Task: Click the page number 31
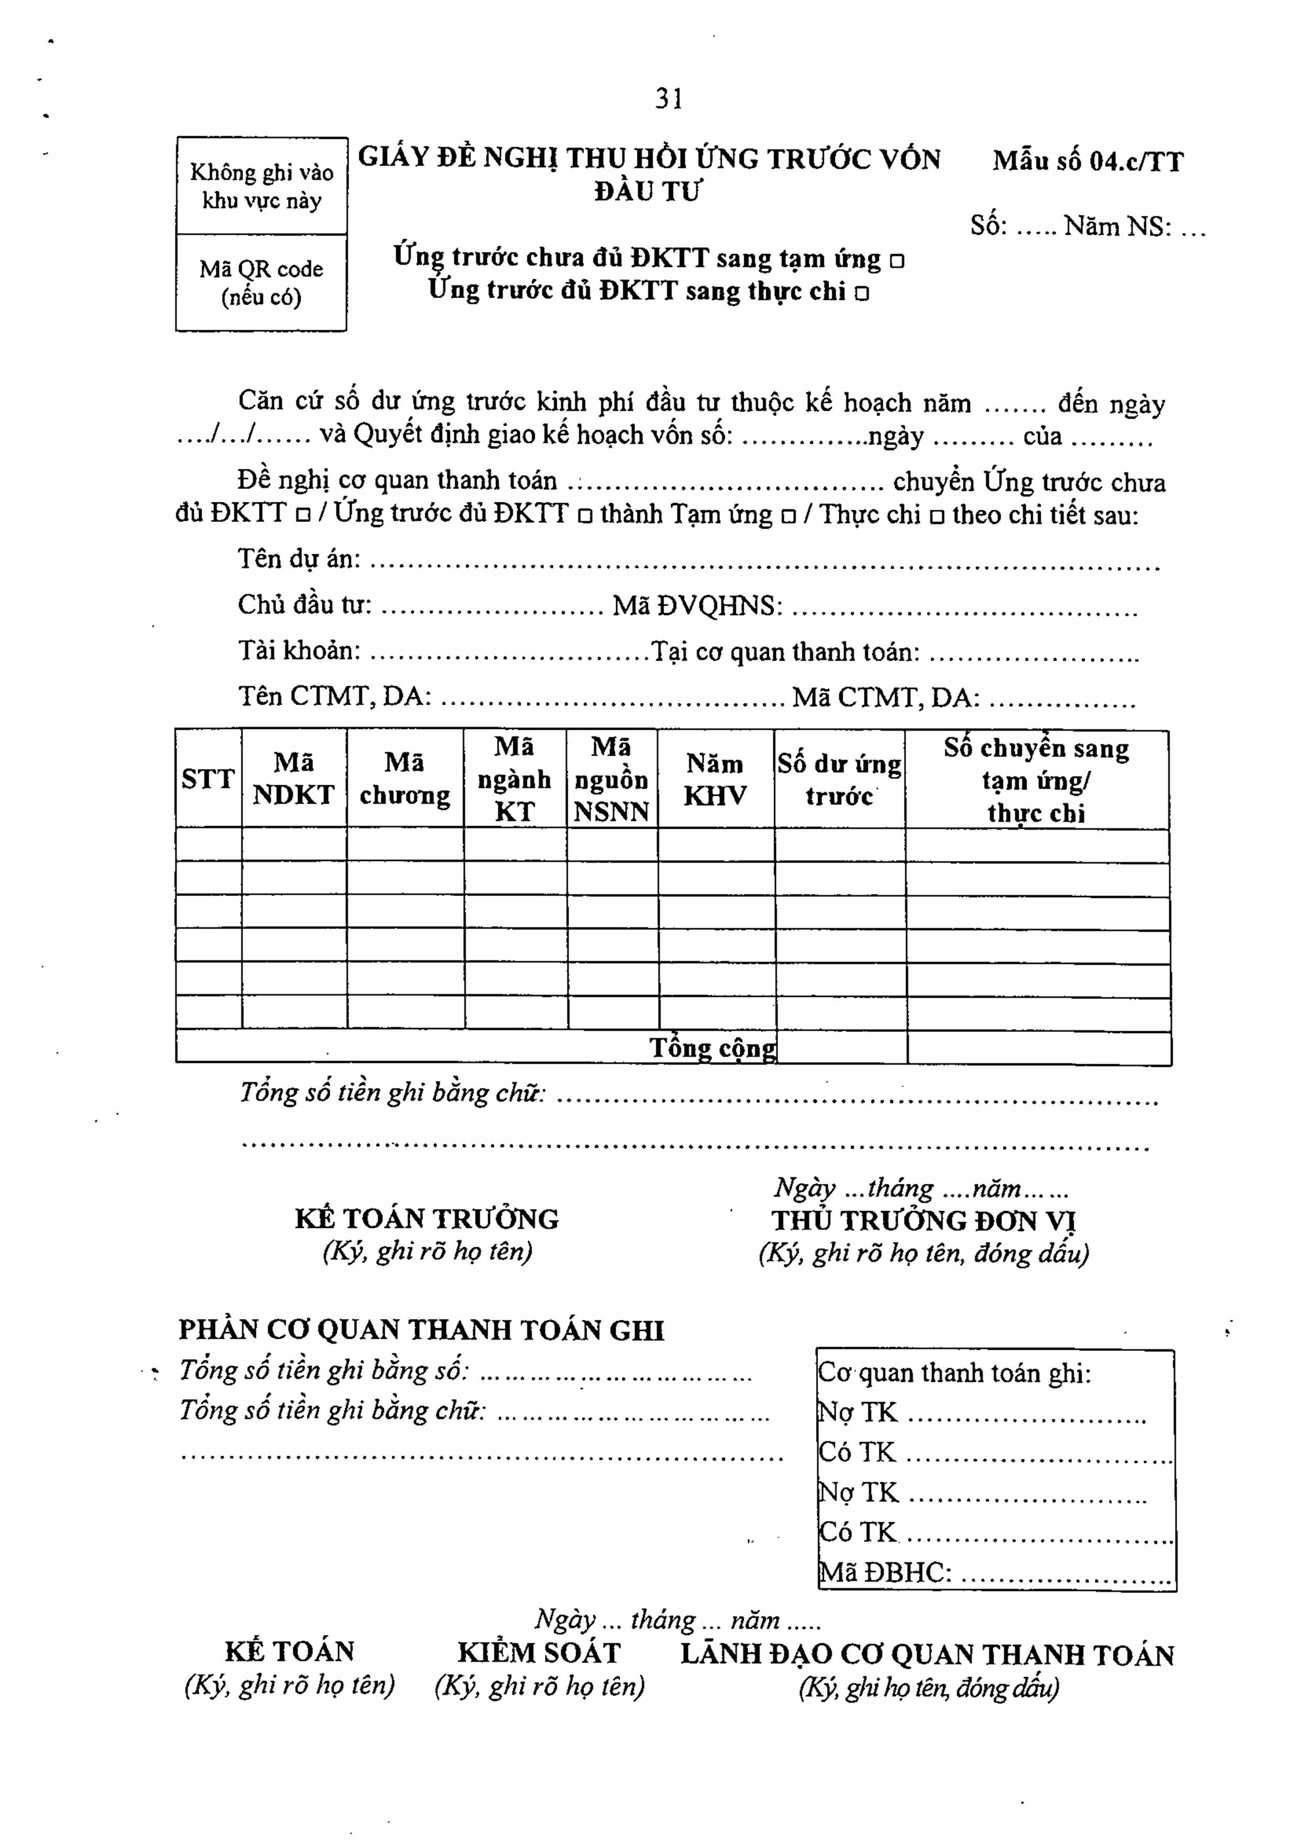(669, 98)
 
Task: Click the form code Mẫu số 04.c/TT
(1088, 161)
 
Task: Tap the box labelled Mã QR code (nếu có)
(261, 283)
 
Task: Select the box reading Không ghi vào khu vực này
(261, 186)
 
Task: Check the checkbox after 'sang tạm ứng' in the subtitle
(897, 262)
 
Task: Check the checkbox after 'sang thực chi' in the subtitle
(862, 294)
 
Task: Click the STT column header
(208, 779)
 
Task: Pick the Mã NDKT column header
(293, 779)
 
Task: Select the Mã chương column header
(405, 779)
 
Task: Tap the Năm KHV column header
(715, 780)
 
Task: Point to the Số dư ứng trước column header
(840, 780)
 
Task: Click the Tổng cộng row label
(712, 1048)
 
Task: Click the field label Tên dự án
(299, 559)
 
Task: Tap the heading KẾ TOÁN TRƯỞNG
(426, 1219)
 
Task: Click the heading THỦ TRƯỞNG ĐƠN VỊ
(924, 1220)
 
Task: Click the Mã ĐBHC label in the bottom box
(886, 1572)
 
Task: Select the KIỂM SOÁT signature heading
(539, 1653)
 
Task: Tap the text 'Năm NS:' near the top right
(1117, 227)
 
